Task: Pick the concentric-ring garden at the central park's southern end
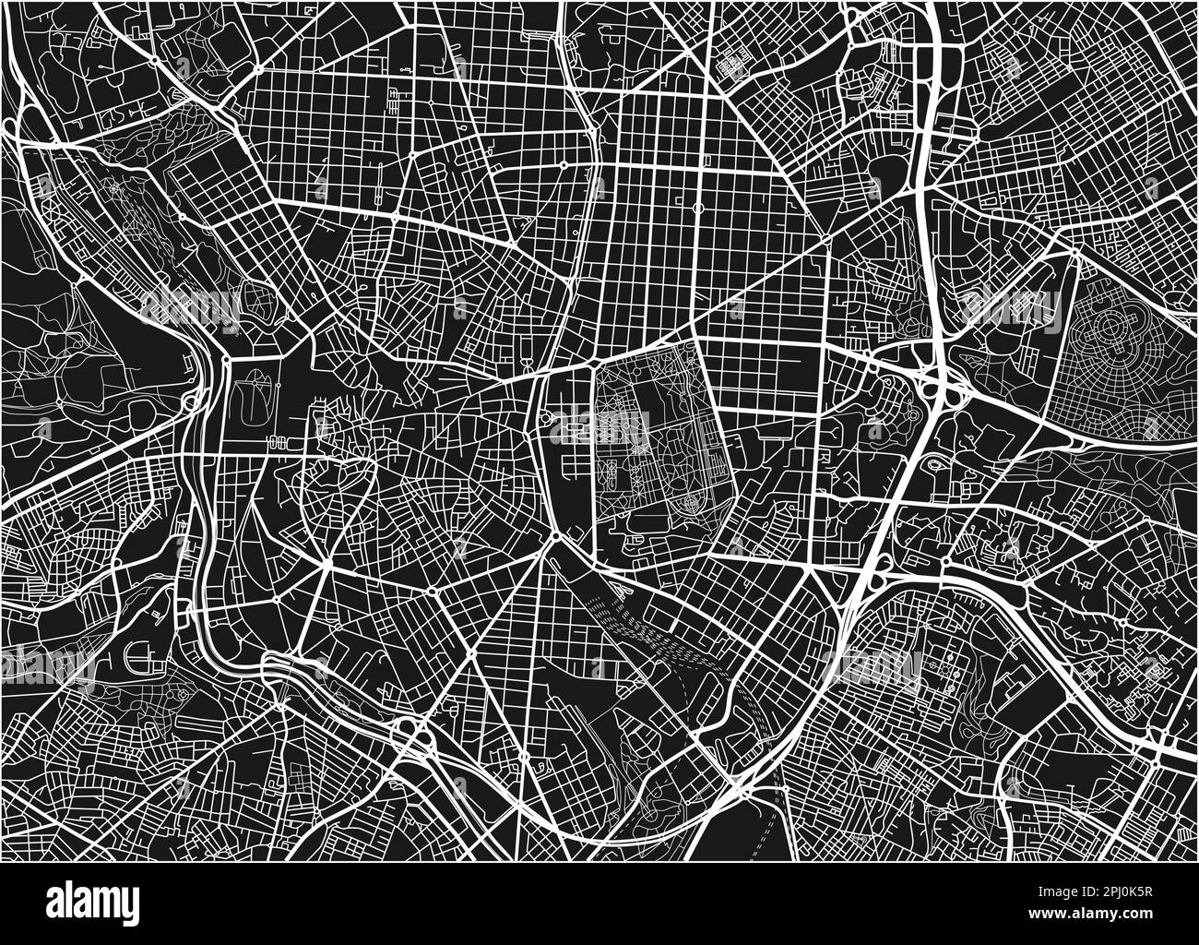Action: [688, 504]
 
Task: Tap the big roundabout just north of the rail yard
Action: [557, 535]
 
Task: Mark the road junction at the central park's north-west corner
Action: [592, 365]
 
